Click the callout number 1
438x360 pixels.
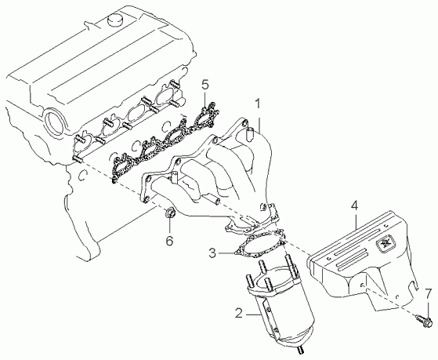click(258, 104)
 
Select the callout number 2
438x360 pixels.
click(239, 313)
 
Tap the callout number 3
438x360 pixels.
click(212, 253)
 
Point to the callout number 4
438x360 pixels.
click(353, 205)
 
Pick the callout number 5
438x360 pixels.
click(205, 85)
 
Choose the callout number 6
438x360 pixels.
click(169, 241)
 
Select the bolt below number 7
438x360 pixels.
click(425, 321)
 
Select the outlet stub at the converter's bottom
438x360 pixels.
click(300, 351)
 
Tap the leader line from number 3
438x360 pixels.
click(226, 253)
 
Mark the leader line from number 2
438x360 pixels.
click(253, 315)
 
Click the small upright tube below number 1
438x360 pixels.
click(250, 133)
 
